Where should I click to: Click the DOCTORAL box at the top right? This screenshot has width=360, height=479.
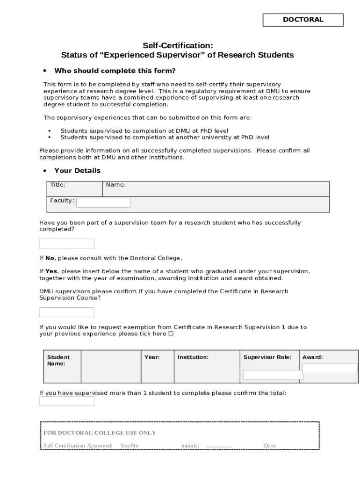coord(302,20)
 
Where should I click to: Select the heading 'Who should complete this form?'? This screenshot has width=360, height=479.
coord(115,71)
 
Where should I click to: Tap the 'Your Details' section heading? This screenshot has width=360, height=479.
coord(77,171)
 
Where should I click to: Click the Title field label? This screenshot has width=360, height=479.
coord(58,185)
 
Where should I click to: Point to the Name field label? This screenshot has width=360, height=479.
coord(115,185)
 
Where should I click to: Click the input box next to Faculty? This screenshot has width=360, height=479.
coord(103,203)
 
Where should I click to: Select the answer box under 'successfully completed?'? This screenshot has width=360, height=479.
coord(66,244)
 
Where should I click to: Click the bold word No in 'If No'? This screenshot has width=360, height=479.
coord(50,258)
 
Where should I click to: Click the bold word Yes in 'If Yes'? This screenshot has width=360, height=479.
coord(51,271)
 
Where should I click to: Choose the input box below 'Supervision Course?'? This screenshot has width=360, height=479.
coord(66,312)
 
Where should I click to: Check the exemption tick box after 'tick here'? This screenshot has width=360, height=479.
coord(171,334)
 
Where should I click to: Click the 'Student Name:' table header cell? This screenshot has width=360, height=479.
coord(58,360)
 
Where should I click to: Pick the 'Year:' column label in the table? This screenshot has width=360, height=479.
coord(152,357)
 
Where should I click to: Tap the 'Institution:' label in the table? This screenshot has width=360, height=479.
coord(193,357)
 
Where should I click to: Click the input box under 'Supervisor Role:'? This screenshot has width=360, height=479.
coord(273,375)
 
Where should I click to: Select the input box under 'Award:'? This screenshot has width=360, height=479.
coord(330,368)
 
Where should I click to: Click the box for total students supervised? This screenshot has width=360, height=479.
coord(66,401)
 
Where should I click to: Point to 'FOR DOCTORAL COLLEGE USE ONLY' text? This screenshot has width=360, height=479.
coord(100,433)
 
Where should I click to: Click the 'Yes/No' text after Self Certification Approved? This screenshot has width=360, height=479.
coord(130,446)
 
